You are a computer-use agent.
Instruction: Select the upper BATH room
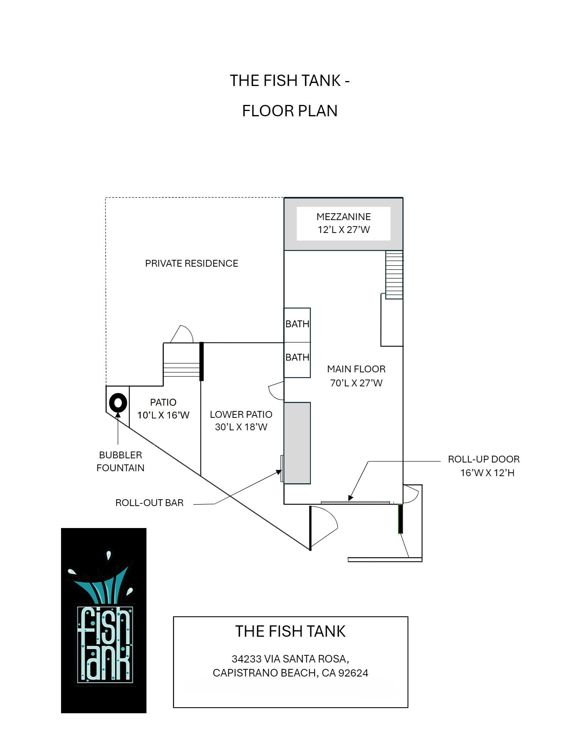pos(297,325)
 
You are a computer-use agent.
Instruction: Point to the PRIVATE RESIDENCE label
pos(191,263)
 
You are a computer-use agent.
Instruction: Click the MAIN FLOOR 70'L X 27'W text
pos(356,376)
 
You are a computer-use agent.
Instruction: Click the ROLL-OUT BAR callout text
pos(149,503)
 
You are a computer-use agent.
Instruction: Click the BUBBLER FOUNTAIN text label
pos(121,461)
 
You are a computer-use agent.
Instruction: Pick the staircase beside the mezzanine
pos(394,275)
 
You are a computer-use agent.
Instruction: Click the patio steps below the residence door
pos(182,370)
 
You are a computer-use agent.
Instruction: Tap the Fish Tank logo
pos(103,620)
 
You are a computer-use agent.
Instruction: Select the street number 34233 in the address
pos(247,659)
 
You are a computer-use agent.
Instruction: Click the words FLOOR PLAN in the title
pos(290,111)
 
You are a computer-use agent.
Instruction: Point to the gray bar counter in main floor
pos(297,443)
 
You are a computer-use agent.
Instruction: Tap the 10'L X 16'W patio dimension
pos(163,415)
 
